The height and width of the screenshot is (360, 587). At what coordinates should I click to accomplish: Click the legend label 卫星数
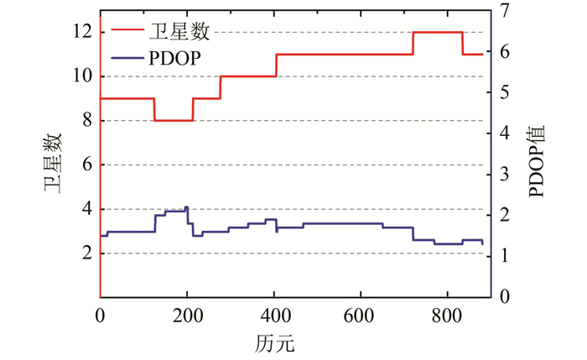pyautogui.click(x=179, y=33)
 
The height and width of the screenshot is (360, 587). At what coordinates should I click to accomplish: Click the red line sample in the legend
pyautogui.click(x=125, y=33)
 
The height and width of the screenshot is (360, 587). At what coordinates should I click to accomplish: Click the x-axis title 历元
pyautogui.click(x=273, y=343)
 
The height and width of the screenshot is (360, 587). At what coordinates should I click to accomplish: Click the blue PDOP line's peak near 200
pyautogui.click(x=186, y=206)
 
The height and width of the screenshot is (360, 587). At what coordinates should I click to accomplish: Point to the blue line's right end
pyautogui.click(x=482, y=243)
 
